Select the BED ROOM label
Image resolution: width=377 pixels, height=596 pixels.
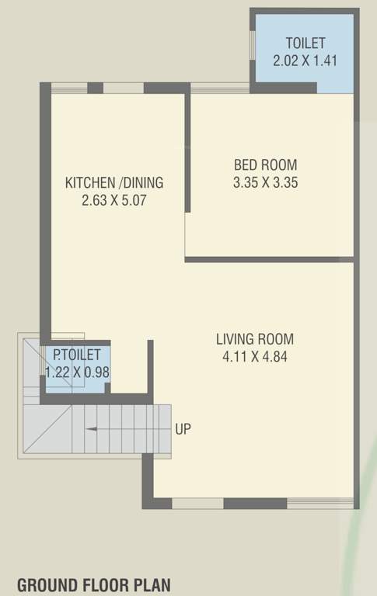tap(265, 165)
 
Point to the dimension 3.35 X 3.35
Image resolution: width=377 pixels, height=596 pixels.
tap(265, 183)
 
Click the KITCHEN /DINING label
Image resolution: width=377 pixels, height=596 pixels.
tap(114, 183)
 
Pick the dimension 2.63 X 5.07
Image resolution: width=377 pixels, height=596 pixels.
tap(114, 200)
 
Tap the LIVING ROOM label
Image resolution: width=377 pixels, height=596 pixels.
tap(255, 338)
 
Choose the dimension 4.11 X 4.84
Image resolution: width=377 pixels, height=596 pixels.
tap(255, 357)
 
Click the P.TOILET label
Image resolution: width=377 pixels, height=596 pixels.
tap(76, 355)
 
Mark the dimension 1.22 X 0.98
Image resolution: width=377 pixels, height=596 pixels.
tap(77, 372)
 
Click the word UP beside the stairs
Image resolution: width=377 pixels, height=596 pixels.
tap(183, 428)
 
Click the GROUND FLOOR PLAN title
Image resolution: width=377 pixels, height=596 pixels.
tap(93, 584)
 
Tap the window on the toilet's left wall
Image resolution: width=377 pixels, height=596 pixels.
tap(252, 45)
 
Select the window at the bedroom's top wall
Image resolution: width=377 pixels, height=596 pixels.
tap(220, 88)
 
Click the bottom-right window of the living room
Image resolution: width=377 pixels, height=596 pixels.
tap(320, 503)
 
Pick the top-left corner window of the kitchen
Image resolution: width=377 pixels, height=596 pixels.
tap(69, 88)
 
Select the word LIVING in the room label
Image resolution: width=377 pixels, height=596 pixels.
tap(233, 338)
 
